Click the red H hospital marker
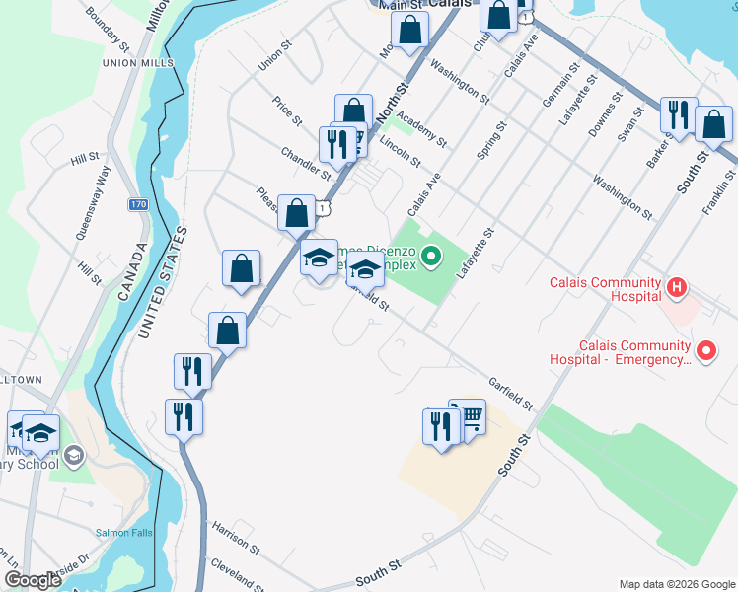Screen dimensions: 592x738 (x=677, y=289)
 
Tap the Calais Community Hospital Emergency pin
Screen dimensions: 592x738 (x=705, y=350)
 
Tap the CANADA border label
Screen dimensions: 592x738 (x=140, y=267)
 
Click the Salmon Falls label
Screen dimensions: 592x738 (x=120, y=533)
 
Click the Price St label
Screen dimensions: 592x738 (x=288, y=112)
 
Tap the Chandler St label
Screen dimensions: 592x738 (x=306, y=164)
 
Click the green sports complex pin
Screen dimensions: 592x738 (x=430, y=258)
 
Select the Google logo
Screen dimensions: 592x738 (x=34, y=580)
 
